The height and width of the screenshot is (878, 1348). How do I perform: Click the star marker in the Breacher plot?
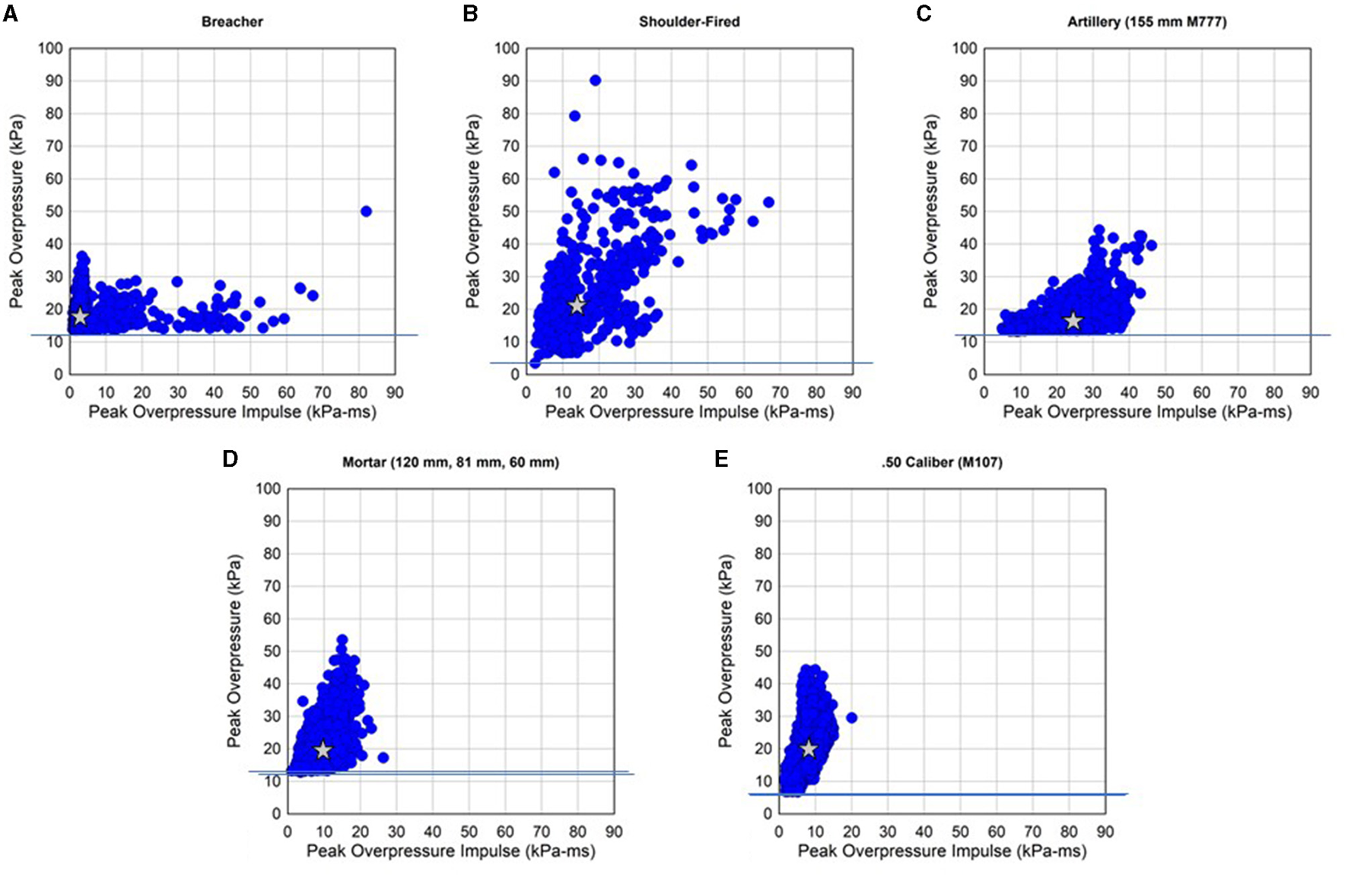click(x=80, y=317)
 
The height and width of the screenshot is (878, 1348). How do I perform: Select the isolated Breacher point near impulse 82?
click(x=366, y=211)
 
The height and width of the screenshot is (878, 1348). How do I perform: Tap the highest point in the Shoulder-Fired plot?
click(x=595, y=81)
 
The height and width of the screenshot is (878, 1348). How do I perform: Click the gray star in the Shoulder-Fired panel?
click(x=577, y=306)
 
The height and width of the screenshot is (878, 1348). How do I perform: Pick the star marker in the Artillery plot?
click(x=1073, y=322)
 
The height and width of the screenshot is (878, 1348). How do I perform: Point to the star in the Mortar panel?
click(x=323, y=750)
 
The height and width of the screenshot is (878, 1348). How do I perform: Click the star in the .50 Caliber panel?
click(x=809, y=749)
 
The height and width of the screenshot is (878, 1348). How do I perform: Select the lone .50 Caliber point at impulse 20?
click(x=851, y=718)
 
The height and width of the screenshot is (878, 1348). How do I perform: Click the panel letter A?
click(x=11, y=14)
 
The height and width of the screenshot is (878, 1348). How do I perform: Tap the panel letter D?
click(x=230, y=459)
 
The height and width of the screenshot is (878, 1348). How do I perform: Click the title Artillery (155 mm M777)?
click(x=1146, y=22)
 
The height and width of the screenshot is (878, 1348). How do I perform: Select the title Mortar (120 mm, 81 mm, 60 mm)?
click(x=450, y=462)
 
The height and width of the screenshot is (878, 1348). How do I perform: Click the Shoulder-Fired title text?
click(x=689, y=22)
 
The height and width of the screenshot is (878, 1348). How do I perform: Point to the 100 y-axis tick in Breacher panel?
click(x=50, y=49)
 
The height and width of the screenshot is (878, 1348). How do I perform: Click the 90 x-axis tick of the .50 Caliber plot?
click(x=1105, y=832)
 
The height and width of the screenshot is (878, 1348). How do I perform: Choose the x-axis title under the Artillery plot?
click(x=1146, y=412)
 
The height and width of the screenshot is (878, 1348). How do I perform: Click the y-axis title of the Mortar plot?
click(x=234, y=651)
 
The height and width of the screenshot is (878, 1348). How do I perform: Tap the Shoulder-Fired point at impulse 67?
click(x=768, y=202)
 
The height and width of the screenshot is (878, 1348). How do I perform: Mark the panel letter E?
click(x=722, y=459)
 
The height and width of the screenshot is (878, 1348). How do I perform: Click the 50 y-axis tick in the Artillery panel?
click(x=968, y=211)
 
